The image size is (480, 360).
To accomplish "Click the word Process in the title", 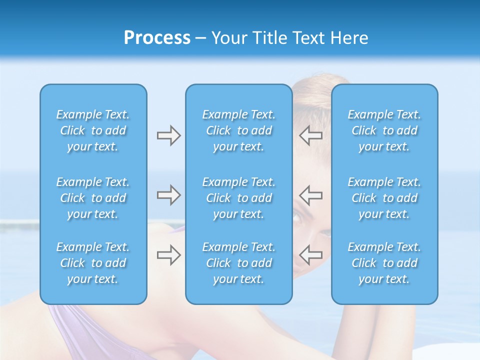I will click(x=157, y=38).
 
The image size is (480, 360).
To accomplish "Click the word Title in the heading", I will click(x=270, y=38).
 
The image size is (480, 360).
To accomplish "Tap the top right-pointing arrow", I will click(x=168, y=135).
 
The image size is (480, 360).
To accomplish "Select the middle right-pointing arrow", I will click(x=168, y=195).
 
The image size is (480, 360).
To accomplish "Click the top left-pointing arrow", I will click(x=311, y=135).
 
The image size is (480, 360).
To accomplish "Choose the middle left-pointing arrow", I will click(x=311, y=195).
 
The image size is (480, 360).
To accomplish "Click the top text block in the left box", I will click(x=93, y=130).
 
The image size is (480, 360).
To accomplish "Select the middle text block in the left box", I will click(x=93, y=198).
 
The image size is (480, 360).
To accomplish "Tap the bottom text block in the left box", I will click(x=93, y=263).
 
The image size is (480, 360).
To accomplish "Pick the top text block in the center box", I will click(x=238, y=130).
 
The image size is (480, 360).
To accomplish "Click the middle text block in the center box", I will click(x=238, y=198).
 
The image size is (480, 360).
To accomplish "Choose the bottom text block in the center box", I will click(x=238, y=263).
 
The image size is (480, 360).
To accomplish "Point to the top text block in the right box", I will click(x=384, y=130).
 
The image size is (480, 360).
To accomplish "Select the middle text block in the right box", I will click(x=384, y=198).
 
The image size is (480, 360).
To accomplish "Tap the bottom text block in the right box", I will click(x=384, y=263).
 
